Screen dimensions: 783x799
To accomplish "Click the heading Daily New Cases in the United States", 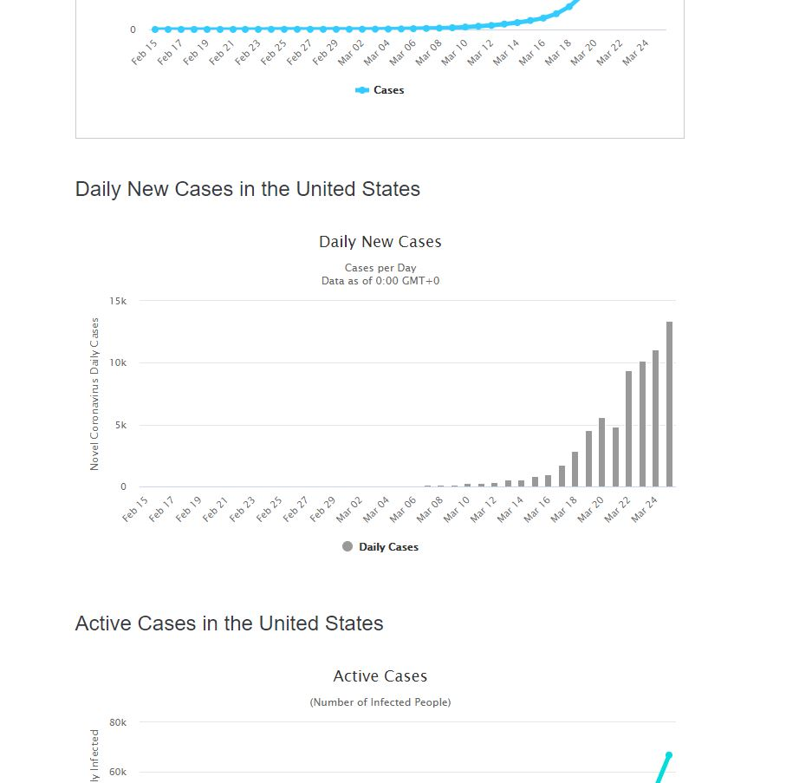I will pos(247,189).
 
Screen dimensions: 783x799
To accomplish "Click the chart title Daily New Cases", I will pos(380,242).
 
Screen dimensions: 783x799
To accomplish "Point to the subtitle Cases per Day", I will pos(380,268).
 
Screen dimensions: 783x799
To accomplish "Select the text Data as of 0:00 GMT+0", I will pos(380,281).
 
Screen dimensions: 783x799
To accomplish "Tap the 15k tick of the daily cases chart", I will pos(118,301).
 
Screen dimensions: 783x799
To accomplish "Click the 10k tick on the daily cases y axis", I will pos(118,362).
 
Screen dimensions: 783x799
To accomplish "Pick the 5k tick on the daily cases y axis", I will pos(120,425).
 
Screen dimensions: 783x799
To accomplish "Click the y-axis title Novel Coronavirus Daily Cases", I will pos(94,394).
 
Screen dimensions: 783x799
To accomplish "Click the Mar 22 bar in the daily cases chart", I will pos(629,429).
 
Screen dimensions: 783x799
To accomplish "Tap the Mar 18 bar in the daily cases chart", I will pos(575,469).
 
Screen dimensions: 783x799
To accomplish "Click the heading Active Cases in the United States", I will pos(229,623).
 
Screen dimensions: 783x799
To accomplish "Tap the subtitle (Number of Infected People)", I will pos(380,702).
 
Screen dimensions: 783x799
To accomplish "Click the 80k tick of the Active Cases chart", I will pos(118,722).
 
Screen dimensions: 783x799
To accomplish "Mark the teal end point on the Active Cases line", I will pos(668,755).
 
